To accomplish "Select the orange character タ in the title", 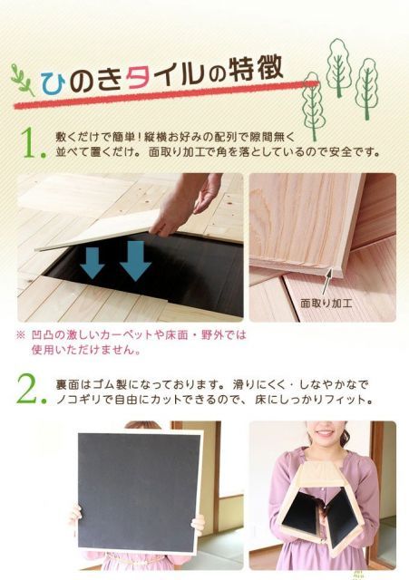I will point(137,74).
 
